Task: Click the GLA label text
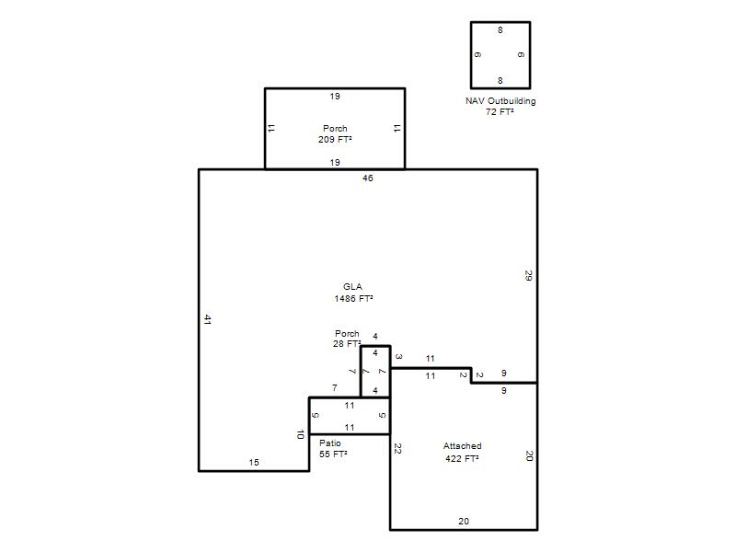(x=352, y=287)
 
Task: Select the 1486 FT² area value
(x=353, y=298)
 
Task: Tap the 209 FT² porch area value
(x=335, y=140)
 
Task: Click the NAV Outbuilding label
(x=500, y=101)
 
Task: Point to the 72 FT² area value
(x=500, y=111)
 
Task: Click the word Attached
(x=463, y=446)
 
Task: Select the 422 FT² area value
(x=463, y=458)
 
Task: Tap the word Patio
(x=330, y=443)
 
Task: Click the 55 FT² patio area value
(x=333, y=454)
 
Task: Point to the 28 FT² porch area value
(x=347, y=343)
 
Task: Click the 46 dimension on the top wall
(x=368, y=178)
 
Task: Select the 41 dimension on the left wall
(x=208, y=319)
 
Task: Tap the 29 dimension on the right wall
(x=528, y=275)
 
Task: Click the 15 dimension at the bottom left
(x=254, y=463)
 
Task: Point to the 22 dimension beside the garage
(x=397, y=449)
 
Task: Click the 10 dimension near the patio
(x=301, y=434)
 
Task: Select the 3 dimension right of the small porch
(x=398, y=357)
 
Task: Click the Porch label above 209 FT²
(x=335, y=128)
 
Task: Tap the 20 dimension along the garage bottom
(x=464, y=522)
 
